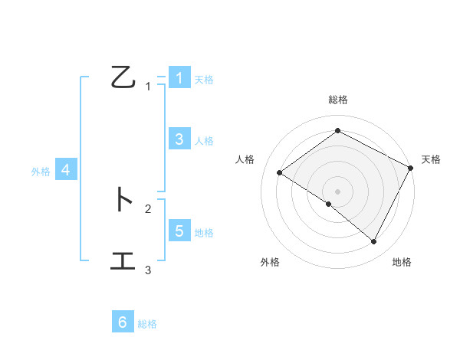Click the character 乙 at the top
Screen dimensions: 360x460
point(123,77)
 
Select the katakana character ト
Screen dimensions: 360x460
point(123,200)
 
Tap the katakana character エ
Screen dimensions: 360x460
point(123,261)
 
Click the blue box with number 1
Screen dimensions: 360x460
point(179,77)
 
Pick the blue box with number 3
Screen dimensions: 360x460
point(179,139)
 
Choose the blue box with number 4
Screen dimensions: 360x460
point(65,170)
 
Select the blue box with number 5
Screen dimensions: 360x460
point(179,231)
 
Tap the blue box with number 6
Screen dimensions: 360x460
point(123,322)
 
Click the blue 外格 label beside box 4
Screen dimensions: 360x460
point(41,172)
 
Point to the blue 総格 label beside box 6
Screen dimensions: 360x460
point(147,324)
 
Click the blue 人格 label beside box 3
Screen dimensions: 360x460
point(204,141)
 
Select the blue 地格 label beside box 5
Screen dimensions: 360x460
point(204,233)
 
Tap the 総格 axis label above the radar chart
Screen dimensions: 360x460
point(337,100)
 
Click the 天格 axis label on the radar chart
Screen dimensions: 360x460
point(431,159)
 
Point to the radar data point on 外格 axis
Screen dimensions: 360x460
point(329,205)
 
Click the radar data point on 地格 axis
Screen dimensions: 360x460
point(374,242)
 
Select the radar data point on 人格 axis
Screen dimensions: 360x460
point(279,172)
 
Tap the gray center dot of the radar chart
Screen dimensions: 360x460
point(337,191)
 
